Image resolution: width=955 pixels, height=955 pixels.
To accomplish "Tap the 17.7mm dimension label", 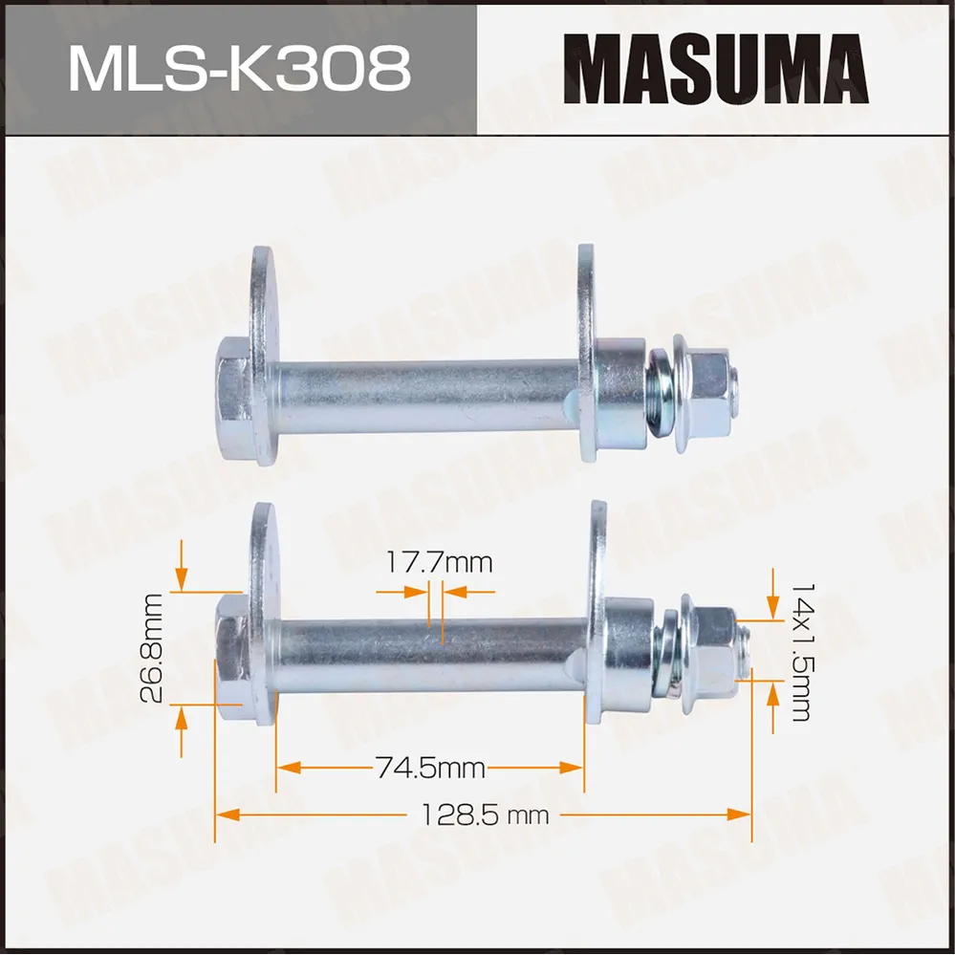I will [440, 561].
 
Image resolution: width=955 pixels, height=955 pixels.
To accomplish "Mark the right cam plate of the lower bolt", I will [597, 612].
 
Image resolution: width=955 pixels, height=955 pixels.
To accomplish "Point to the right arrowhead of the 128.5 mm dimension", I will [740, 814].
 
